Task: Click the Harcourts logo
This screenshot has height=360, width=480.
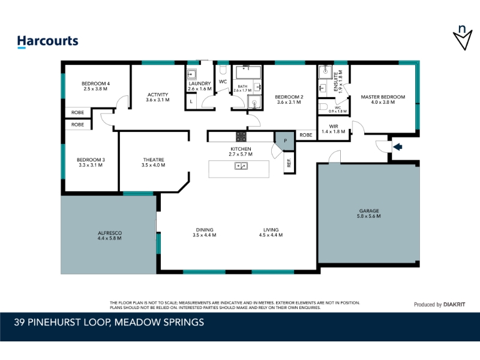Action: tap(48, 41)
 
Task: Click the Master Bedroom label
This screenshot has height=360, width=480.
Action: tap(383, 97)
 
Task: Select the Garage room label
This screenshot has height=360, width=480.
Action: tap(369, 211)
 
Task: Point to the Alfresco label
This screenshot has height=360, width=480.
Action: tap(110, 233)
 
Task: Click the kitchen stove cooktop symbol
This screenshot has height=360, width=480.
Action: tap(241, 137)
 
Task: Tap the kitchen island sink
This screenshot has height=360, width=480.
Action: tap(241, 166)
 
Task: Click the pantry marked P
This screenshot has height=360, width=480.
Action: tap(285, 141)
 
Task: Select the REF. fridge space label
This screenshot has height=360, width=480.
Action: tap(289, 163)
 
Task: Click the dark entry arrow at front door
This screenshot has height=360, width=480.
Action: tap(397, 147)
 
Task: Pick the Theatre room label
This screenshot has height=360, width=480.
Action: tap(154, 160)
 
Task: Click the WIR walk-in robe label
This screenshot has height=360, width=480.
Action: tap(334, 127)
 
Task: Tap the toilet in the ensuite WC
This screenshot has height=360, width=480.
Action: tap(323, 107)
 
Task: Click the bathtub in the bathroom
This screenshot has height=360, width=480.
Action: tap(248, 72)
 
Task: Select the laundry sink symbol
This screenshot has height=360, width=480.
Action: tap(191, 74)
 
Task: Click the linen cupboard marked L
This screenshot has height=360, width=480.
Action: tap(191, 101)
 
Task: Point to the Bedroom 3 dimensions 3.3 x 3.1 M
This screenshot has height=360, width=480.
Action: tap(91, 165)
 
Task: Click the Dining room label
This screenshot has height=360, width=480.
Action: tap(205, 230)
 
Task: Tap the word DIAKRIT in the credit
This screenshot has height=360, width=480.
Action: tap(454, 305)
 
